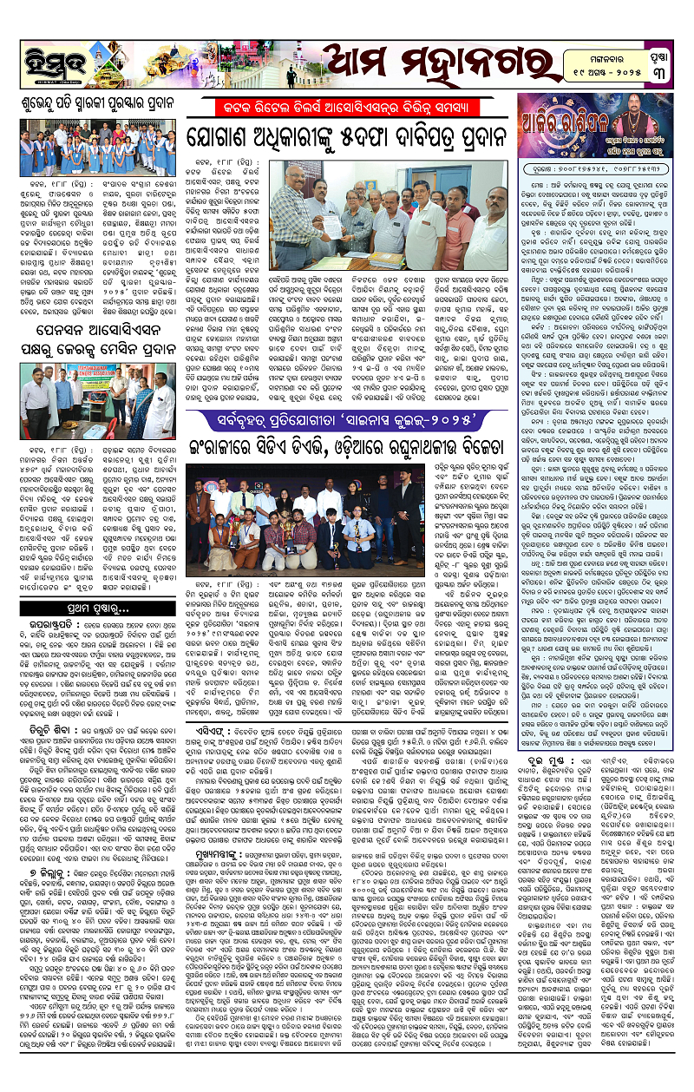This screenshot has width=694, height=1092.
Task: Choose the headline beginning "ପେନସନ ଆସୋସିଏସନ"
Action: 91,330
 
